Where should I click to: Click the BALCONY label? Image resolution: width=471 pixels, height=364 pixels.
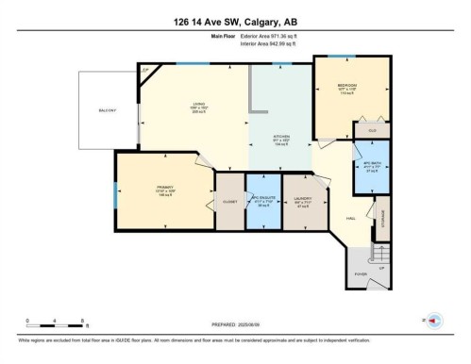[107, 111]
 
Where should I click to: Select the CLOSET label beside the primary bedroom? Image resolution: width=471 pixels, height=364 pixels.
[228, 202]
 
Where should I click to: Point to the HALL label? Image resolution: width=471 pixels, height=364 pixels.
[349, 218]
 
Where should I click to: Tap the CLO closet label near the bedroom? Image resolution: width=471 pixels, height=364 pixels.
[372, 129]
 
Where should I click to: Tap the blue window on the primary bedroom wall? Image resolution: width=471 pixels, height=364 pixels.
[116, 193]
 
